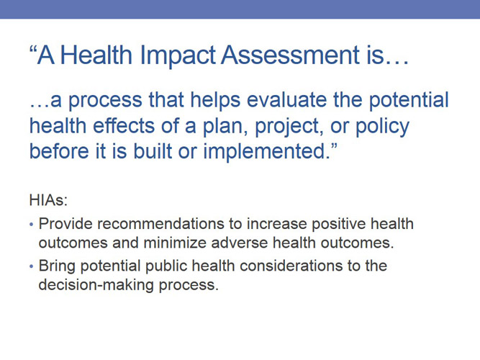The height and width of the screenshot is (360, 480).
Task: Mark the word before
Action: coord(61,152)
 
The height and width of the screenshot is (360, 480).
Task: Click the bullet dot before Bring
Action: coord(31,266)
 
